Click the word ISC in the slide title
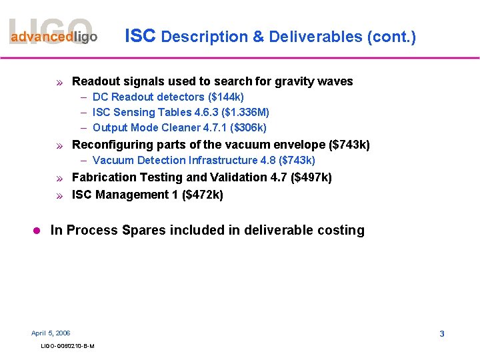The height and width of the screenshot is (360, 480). (140, 36)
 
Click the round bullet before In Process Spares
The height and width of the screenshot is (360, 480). (37, 231)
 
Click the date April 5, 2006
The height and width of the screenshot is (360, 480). (51, 333)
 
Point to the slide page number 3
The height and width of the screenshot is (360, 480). (442, 333)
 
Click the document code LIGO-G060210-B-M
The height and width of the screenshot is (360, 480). (67, 346)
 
